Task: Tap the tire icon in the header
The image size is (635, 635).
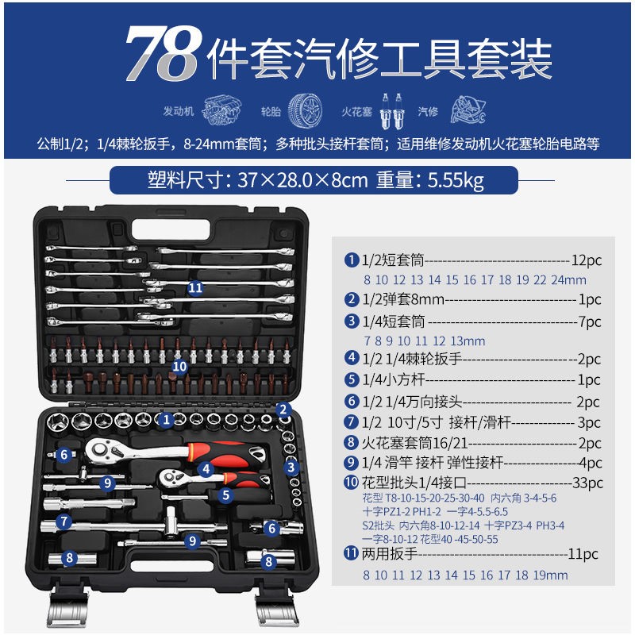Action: coord(305,110)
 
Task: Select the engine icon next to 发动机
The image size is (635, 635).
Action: coord(221,110)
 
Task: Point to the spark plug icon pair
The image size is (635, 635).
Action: coord(391,111)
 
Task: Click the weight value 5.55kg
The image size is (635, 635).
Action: coord(456,181)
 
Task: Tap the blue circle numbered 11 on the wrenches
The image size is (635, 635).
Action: coord(195,288)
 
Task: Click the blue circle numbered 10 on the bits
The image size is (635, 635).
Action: coord(179,367)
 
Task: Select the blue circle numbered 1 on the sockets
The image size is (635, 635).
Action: coord(166,420)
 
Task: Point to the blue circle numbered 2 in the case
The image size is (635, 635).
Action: coord(283,410)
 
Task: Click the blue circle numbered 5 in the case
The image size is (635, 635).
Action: coord(226,495)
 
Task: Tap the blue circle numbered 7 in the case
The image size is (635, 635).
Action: coord(64,521)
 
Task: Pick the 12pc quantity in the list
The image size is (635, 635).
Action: coord(587,260)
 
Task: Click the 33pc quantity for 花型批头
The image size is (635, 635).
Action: coord(587,483)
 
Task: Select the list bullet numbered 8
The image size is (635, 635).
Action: coord(351,442)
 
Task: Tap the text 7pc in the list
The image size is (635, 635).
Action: coord(590,321)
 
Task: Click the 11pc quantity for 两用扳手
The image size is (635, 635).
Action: coord(583,553)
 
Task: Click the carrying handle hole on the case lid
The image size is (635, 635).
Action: coord(171,229)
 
